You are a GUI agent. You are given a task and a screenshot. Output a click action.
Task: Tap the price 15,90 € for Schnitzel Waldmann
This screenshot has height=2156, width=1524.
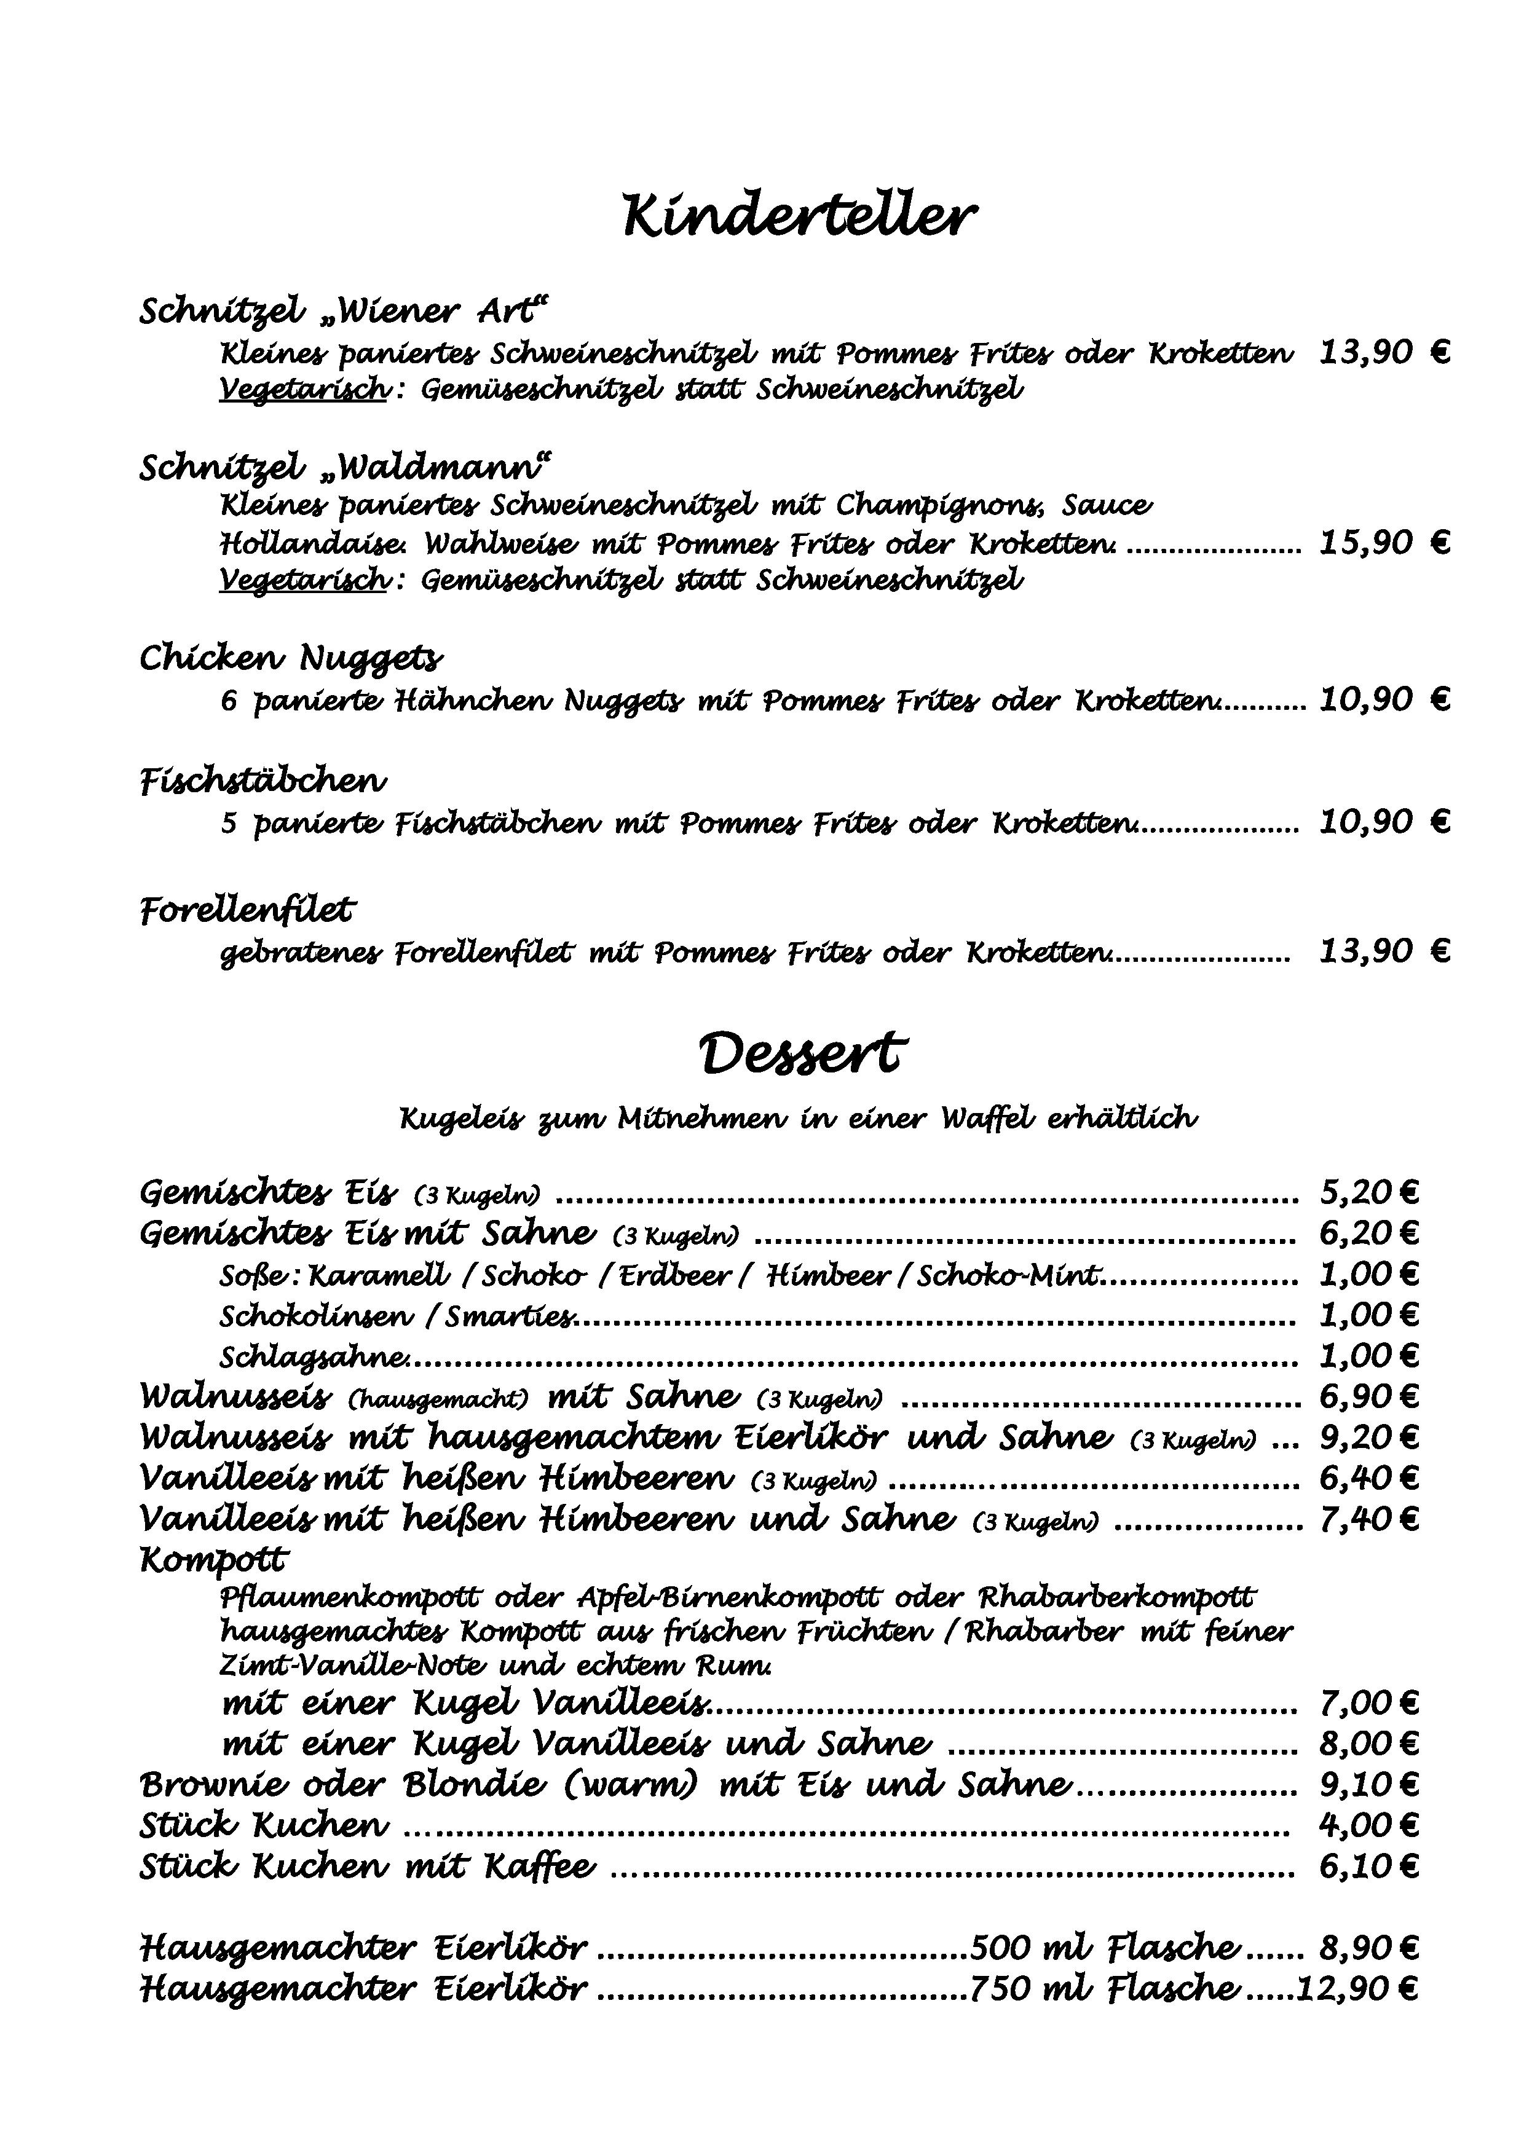coord(1384,543)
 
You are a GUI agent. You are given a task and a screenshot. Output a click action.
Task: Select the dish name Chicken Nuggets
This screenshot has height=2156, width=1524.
coord(291,658)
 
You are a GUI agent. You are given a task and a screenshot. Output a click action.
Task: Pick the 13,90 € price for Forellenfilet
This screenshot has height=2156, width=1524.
coord(1384,951)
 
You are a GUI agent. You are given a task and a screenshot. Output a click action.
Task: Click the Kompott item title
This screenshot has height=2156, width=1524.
coord(214,1560)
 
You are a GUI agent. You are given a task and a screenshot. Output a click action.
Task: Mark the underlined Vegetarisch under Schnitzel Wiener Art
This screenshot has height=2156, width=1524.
coord(303,389)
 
